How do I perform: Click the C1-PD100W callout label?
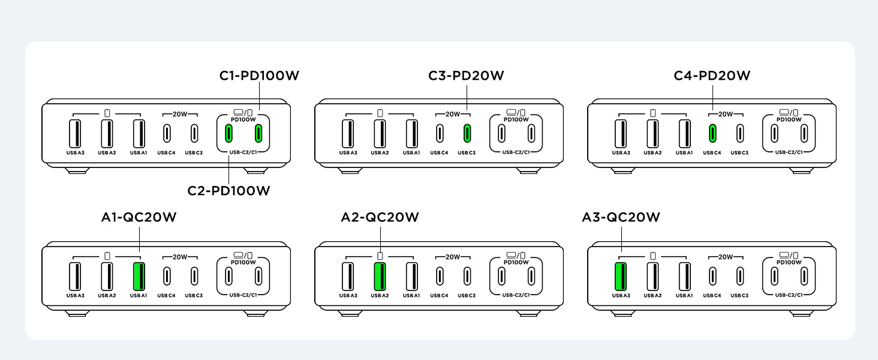(259, 76)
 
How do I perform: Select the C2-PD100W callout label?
(228, 191)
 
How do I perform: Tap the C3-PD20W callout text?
(466, 76)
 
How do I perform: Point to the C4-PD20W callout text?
(712, 76)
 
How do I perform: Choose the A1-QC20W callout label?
(139, 217)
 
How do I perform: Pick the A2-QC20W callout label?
(380, 217)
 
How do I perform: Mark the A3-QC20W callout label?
(621, 217)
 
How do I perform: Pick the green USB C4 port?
(712, 133)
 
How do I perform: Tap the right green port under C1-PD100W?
(259, 133)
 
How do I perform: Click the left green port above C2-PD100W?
(228, 133)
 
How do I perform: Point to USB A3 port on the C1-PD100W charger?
(75, 133)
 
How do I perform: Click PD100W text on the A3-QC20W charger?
(789, 262)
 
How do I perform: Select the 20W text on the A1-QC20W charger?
(180, 257)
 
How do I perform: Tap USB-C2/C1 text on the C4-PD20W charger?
(789, 152)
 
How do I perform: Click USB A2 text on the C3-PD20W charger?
(380, 153)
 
